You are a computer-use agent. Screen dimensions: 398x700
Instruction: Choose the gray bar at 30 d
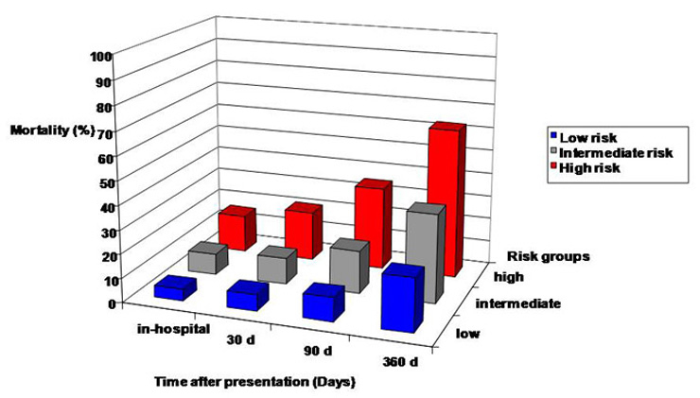click(x=274, y=264)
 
